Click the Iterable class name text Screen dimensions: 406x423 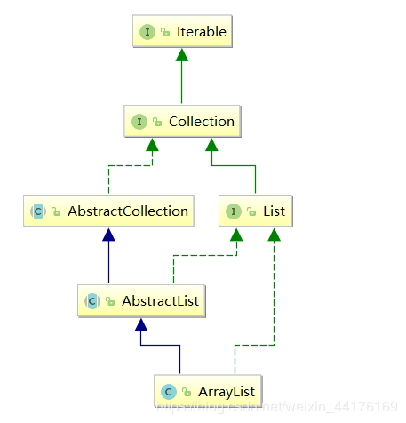pyautogui.click(x=202, y=32)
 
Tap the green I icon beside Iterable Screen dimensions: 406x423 pyautogui.click(x=147, y=32)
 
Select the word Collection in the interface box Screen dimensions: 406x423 pyautogui.click(x=202, y=122)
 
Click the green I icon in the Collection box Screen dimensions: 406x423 pyautogui.click(x=139, y=122)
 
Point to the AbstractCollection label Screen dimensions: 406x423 pyautogui.click(x=128, y=211)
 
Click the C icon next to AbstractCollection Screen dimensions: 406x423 pyautogui.click(x=38, y=211)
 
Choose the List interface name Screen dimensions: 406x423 pyautogui.click(x=275, y=211)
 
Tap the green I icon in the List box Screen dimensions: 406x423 pyautogui.click(x=234, y=211)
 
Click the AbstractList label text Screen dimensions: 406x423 pyautogui.click(x=161, y=301)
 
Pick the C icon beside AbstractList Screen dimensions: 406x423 pyautogui.click(x=92, y=301)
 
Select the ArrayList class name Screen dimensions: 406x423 pyautogui.click(x=227, y=392)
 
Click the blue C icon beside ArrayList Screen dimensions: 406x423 pyautogui.click(x=169, y=392)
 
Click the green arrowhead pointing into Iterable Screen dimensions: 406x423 pyautogui.click(x=182, y=55)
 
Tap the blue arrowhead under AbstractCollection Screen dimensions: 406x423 pyautogui.click(x=108, y=235)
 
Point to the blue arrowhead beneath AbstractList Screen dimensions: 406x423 pyautogui.click(x=141, y=324)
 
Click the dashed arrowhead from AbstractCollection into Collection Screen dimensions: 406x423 pyautogui.click(x=152, y=145)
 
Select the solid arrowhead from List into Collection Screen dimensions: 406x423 pyautogui.click(x=211, y=145)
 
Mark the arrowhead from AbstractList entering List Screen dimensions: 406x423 pyautogui.click(x=236, y=235)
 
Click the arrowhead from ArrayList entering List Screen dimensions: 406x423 pyautogui.click(x=275, y=235)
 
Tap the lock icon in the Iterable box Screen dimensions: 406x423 pyautogui.click(x=165, y=32)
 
